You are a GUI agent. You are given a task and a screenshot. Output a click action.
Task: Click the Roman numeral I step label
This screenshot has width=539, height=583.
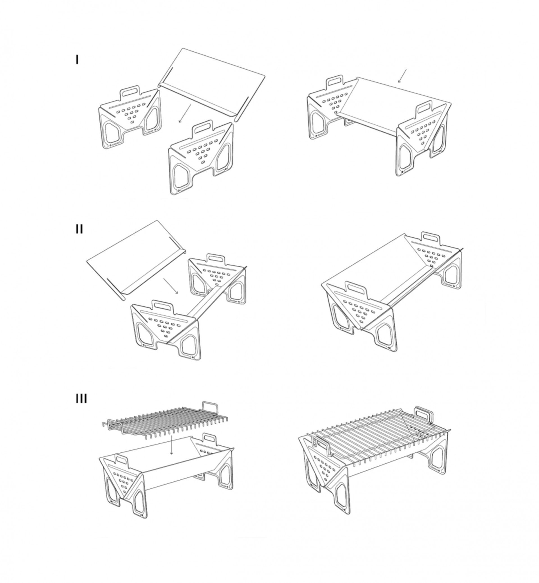coord(77,60)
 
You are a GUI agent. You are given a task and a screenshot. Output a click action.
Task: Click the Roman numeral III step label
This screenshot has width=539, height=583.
coord(81,398)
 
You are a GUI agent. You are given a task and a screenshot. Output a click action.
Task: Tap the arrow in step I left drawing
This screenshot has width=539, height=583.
coord(185,113)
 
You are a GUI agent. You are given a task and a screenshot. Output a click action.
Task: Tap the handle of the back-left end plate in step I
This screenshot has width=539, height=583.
coord(130,92)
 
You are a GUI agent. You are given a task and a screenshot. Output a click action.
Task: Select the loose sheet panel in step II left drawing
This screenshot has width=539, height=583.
coord(136,261)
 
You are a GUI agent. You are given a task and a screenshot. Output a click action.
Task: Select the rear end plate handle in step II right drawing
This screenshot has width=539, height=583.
coord(431,238)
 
